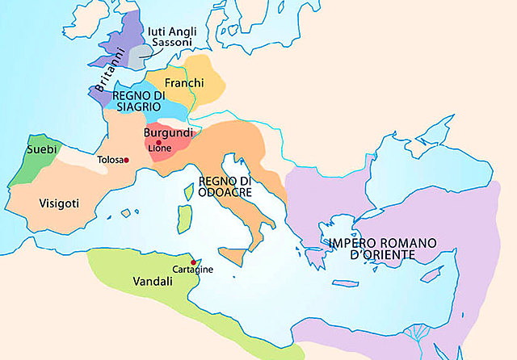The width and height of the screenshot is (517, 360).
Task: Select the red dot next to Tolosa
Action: (x=126, y=160)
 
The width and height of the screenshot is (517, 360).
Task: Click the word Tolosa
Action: (x=110, y=160)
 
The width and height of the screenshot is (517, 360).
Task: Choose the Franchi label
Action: (x=183, y=84)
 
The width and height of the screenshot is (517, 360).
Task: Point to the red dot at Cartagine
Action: (x=193, y=262)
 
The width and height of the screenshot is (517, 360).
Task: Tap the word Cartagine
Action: (x=193, y=270)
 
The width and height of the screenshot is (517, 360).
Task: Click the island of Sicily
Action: (x=233, y=257)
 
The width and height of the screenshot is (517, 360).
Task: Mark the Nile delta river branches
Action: (x=419, y=333)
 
